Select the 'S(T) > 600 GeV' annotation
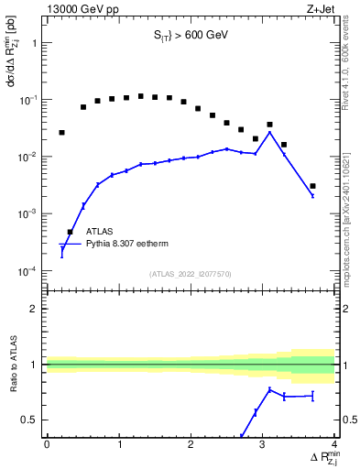(190, 38)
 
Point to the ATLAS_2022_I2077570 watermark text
(190, 274)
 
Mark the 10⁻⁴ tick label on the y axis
(30, 272)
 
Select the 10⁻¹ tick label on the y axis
(30, 100)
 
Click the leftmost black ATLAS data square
(61, 133)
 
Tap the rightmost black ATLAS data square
(313, 186)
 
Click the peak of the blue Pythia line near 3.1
(269, 132)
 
